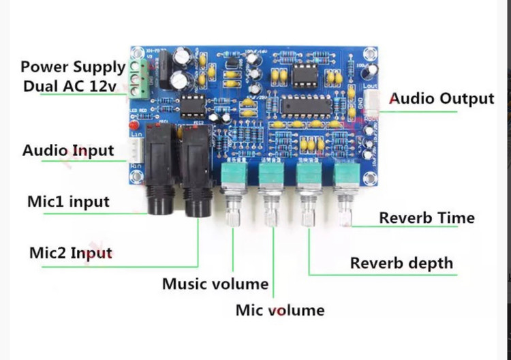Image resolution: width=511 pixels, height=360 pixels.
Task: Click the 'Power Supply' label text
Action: tap(73, 67)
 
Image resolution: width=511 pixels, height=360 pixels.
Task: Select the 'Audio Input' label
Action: tap(68, 150)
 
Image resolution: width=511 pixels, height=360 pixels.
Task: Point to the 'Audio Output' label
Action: tap(442, 99)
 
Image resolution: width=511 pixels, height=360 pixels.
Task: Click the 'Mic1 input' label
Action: tap(68, 202)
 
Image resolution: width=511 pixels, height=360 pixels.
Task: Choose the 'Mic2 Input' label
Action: tap(71, 252)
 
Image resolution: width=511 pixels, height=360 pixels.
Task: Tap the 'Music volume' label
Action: tap(215, 284)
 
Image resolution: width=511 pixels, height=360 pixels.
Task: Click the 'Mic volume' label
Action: tap(280, 310)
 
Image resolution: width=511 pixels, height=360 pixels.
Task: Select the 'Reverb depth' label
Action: tap(401, 262)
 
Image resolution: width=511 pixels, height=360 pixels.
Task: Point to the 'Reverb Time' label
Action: tap(427, 218)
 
